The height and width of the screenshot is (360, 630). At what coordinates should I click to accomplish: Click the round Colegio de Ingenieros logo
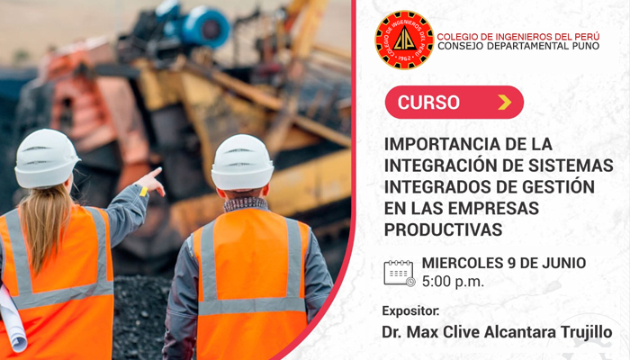(405, 40)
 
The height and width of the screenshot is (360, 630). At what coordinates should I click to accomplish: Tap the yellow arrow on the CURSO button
(505, 102)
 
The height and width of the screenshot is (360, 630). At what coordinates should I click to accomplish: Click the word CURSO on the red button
(428, 103)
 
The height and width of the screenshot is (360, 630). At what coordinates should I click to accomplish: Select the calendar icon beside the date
(400, 274)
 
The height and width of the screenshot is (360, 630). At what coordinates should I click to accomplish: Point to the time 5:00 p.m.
(453, 282)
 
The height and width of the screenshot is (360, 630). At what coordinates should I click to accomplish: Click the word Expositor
(410, 311)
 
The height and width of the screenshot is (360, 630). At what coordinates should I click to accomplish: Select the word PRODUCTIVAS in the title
(443, 229)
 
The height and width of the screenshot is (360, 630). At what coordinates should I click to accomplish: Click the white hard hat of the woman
(47, 158)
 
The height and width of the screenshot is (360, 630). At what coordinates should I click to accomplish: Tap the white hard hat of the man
(242, 162)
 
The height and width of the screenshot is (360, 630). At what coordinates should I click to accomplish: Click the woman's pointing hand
(152, 182)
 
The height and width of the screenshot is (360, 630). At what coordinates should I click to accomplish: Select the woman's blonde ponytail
(45, 225)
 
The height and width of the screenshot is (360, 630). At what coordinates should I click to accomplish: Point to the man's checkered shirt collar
(246, 204)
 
